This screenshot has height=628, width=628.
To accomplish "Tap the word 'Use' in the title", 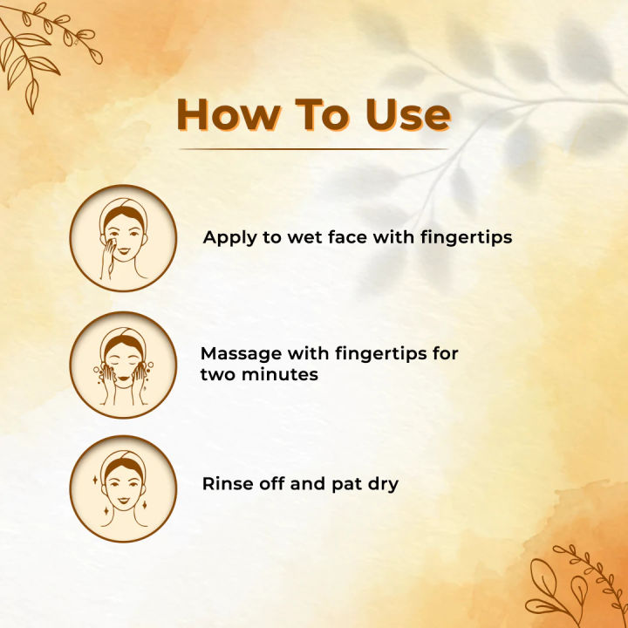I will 407,115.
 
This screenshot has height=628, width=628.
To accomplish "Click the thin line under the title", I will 314,149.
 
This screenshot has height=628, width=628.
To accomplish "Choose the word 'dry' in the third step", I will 380,484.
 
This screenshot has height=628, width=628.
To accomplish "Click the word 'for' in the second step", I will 444,354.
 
